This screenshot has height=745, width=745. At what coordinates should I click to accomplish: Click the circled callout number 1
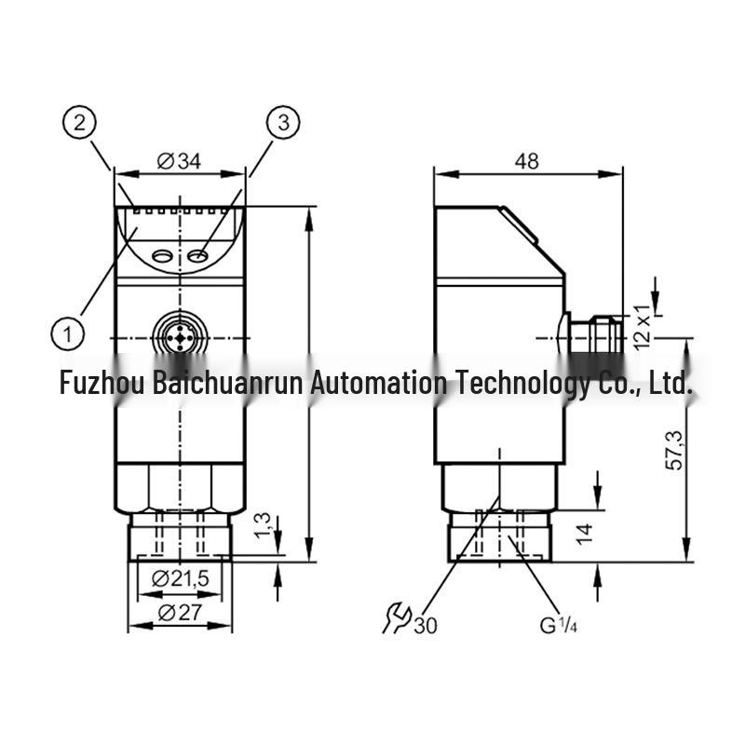68,333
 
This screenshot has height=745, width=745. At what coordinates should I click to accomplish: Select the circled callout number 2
79,123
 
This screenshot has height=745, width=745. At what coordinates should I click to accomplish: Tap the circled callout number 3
283,123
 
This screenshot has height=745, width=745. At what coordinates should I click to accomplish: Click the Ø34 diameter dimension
179,161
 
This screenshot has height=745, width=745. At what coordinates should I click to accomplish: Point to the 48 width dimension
526,161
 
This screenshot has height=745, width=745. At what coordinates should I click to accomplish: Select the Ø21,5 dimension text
180,578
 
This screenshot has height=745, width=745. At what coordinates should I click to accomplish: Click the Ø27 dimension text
180,613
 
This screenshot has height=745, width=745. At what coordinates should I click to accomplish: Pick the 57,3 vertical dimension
674,450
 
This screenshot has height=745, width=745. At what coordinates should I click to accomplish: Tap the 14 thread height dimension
585,534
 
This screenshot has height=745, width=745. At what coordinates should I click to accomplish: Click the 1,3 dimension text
263,525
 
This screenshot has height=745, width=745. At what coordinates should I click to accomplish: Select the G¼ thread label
558,625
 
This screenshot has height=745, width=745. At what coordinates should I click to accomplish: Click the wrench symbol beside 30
397,617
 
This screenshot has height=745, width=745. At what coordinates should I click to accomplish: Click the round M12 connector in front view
180,338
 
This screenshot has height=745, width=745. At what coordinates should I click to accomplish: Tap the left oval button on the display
162,257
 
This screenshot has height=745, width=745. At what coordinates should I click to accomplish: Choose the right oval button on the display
197,257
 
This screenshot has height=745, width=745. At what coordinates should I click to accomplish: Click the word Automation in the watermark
379,383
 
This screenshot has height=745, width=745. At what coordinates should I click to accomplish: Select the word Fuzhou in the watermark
102,383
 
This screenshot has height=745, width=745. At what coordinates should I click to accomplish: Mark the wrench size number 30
426,625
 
